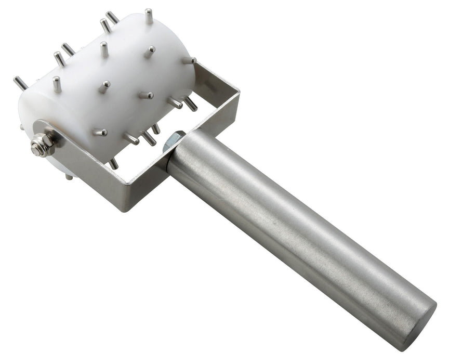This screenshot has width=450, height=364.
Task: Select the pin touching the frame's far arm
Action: [x=189, y=60]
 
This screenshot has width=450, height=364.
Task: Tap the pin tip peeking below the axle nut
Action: [x=69, y=177]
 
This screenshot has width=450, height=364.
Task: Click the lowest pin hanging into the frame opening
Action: [x=113, y=163]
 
